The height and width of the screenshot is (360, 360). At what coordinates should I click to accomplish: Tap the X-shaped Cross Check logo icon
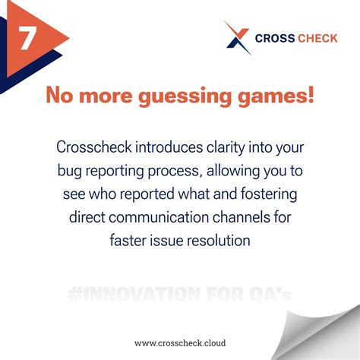coord(238,38)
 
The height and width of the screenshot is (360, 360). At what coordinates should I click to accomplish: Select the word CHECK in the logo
coord(318,38)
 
